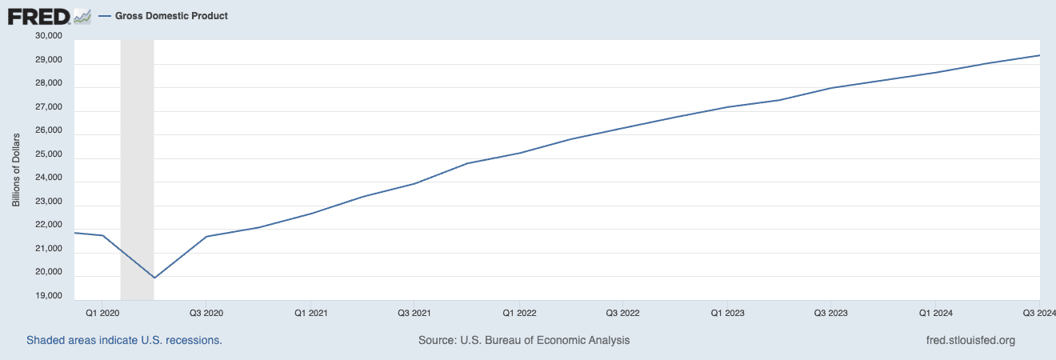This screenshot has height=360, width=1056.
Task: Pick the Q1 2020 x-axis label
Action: (x=102, y=312)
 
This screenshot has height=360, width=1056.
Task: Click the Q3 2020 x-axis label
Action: (x=206, y=312)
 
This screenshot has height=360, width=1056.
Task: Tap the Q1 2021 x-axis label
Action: (x=310, y=312)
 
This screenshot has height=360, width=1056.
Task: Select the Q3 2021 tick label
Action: (x=414, y=312)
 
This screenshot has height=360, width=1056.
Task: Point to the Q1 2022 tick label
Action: (x=519, y=312)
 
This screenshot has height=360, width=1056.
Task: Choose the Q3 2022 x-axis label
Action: (x=623, y=312)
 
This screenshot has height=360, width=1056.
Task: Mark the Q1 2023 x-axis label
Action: (x=727, y=312)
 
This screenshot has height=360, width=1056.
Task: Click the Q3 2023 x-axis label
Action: (x=831, y=312)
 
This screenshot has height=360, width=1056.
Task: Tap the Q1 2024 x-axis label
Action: (x=936, y=312)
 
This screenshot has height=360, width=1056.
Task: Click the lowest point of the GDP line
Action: (x=154, y=278)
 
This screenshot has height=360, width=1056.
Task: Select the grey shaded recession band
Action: (x=137, y=160)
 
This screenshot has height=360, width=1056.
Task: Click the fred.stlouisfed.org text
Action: (x=970, y=340)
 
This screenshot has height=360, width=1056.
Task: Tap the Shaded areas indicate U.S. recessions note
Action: (x=124, y=340)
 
